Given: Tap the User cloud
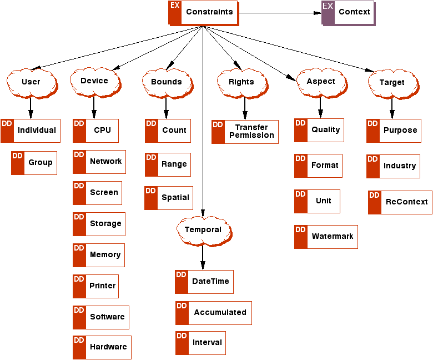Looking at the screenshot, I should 31,82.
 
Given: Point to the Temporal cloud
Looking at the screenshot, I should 203,229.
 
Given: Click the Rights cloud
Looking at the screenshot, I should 241,82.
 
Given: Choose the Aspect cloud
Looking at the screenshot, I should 321,81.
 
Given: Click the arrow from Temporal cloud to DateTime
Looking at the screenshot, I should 203,257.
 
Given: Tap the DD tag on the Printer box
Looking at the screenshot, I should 79,279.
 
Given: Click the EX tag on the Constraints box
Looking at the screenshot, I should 175,6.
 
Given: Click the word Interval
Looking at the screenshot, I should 207,343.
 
